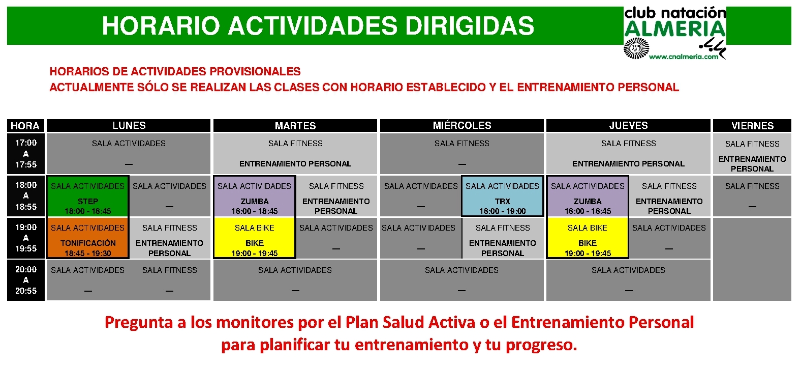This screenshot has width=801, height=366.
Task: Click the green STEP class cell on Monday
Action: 87,196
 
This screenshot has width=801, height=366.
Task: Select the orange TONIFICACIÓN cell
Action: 87,238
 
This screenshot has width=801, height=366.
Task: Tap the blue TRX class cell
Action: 503,196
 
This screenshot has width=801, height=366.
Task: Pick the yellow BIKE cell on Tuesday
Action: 254,238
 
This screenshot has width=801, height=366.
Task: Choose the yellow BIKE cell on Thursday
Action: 588,238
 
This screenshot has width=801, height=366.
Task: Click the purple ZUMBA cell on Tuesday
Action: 254,196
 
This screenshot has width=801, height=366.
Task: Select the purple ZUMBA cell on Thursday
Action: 588,196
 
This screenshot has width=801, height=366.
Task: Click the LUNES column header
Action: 129,125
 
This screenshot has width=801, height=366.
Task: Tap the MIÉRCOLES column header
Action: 461,125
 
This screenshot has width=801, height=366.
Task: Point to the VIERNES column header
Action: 752,125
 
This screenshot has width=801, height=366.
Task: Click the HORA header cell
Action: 25,125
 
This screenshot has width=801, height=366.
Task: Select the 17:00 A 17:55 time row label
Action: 26,154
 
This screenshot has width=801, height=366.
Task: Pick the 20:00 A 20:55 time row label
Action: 26,280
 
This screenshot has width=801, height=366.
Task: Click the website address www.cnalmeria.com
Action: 684,57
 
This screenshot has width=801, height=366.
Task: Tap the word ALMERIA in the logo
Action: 674,29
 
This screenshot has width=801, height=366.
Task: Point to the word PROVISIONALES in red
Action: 255,71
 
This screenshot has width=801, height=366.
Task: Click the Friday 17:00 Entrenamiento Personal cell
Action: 752,154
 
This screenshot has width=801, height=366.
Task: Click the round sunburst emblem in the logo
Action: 636,48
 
